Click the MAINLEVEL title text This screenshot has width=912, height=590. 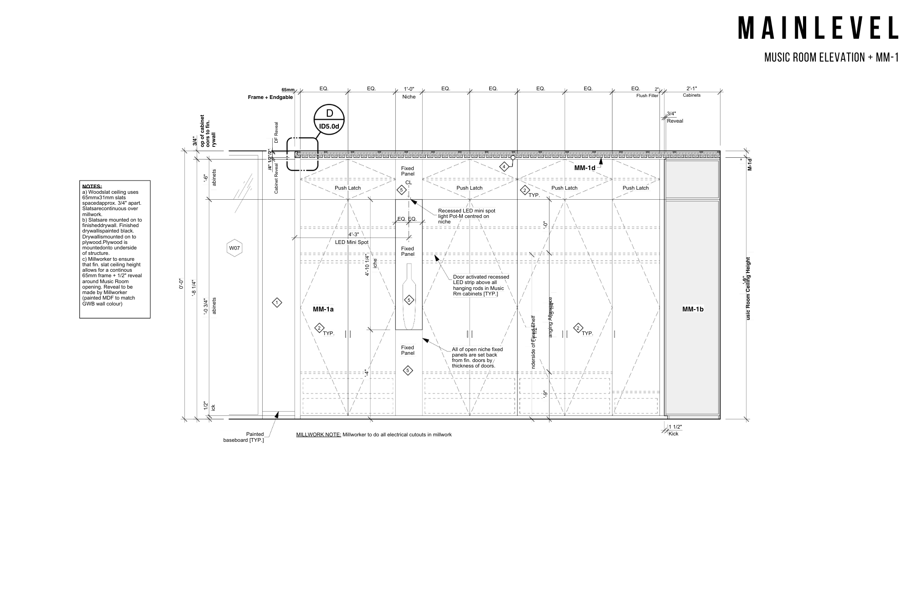818,28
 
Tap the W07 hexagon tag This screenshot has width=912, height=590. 234,248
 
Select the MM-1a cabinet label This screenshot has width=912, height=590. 323,309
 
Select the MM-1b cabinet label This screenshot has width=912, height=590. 693,309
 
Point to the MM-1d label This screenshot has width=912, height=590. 585,168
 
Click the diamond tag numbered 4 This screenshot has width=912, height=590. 504,167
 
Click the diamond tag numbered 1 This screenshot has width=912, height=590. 277,302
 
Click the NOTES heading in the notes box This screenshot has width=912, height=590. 92,186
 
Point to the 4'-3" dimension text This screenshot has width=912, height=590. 353,234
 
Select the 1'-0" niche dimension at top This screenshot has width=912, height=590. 409,89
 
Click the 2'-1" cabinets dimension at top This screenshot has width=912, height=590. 691,88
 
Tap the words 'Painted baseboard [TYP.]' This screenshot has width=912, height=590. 244,437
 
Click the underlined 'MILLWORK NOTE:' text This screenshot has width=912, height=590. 319,435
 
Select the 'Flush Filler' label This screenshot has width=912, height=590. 647,96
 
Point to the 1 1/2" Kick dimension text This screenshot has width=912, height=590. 675,430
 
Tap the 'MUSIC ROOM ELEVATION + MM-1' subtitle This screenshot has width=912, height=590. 831,57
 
